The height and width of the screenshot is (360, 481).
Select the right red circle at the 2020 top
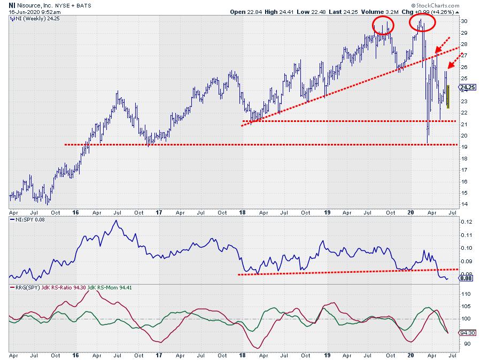click(x=421, y=22)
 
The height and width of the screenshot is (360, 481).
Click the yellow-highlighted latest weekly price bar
click(x=448, y=97)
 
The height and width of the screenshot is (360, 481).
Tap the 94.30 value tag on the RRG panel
click(x=467, y=332)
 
